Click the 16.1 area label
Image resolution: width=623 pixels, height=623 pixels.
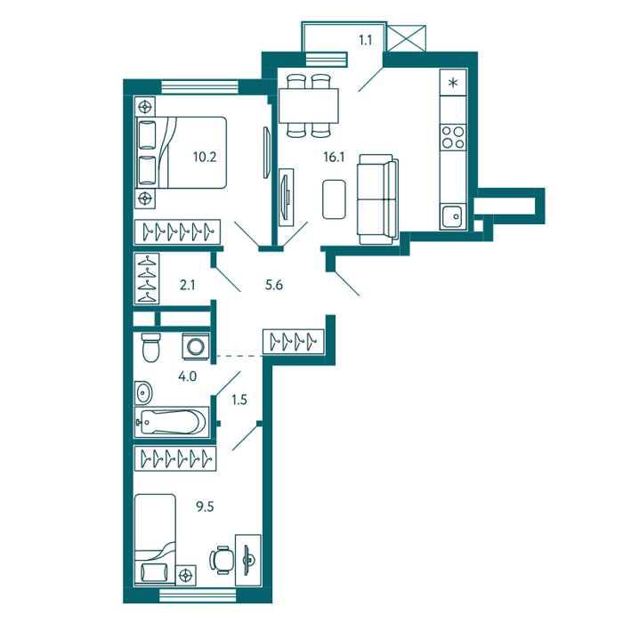coord(334,157)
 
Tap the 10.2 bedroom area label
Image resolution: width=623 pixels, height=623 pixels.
coord(205,157)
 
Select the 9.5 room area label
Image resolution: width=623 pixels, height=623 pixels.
coord(205,506)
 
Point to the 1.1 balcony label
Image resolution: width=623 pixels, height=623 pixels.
coord(365,40)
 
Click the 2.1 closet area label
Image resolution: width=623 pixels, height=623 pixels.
coord(188,285)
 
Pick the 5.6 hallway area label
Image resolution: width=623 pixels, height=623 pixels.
coord(274,285)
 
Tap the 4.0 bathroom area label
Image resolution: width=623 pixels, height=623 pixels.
coord(187,376)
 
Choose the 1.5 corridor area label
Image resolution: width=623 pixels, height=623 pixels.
coord(239,400)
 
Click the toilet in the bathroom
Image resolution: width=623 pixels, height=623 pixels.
coord(151,347)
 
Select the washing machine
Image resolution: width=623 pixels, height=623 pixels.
coord(196,346)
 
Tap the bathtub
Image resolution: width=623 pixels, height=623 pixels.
coord(172,422)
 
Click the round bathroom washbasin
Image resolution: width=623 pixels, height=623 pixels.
coord(143,393)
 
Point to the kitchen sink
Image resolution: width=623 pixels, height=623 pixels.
coord(452,216)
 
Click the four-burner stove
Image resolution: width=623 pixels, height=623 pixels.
coord(453,137)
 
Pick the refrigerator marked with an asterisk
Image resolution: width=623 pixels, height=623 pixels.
coord(453,83)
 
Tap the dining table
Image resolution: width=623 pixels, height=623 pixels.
coord(309,106)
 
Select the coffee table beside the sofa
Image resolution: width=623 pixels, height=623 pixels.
coord(334,199)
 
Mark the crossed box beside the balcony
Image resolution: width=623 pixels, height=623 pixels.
coord(406,38)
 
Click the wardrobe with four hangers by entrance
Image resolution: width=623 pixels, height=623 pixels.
coord(294,341)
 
